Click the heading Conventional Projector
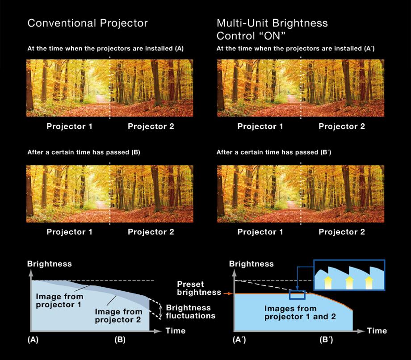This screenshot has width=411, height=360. [88, 23]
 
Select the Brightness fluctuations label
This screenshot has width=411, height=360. [190, 311]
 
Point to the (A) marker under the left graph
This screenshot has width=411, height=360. [33, 339]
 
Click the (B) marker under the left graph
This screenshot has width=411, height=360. [120, 339]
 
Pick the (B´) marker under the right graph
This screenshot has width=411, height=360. [326, 339]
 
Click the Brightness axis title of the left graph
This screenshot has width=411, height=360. [49, 264]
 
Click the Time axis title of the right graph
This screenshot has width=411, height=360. [377, 331]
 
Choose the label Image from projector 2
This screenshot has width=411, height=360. [119, 315]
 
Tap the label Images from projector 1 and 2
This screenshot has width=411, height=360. [290, 313]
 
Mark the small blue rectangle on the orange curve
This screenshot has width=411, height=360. [297, 294]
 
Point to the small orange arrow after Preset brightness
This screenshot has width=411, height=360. [226, 293]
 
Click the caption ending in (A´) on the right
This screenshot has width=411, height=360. [295, 48]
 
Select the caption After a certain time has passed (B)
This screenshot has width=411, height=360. [84, 153]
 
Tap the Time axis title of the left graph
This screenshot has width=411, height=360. [175, 331]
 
